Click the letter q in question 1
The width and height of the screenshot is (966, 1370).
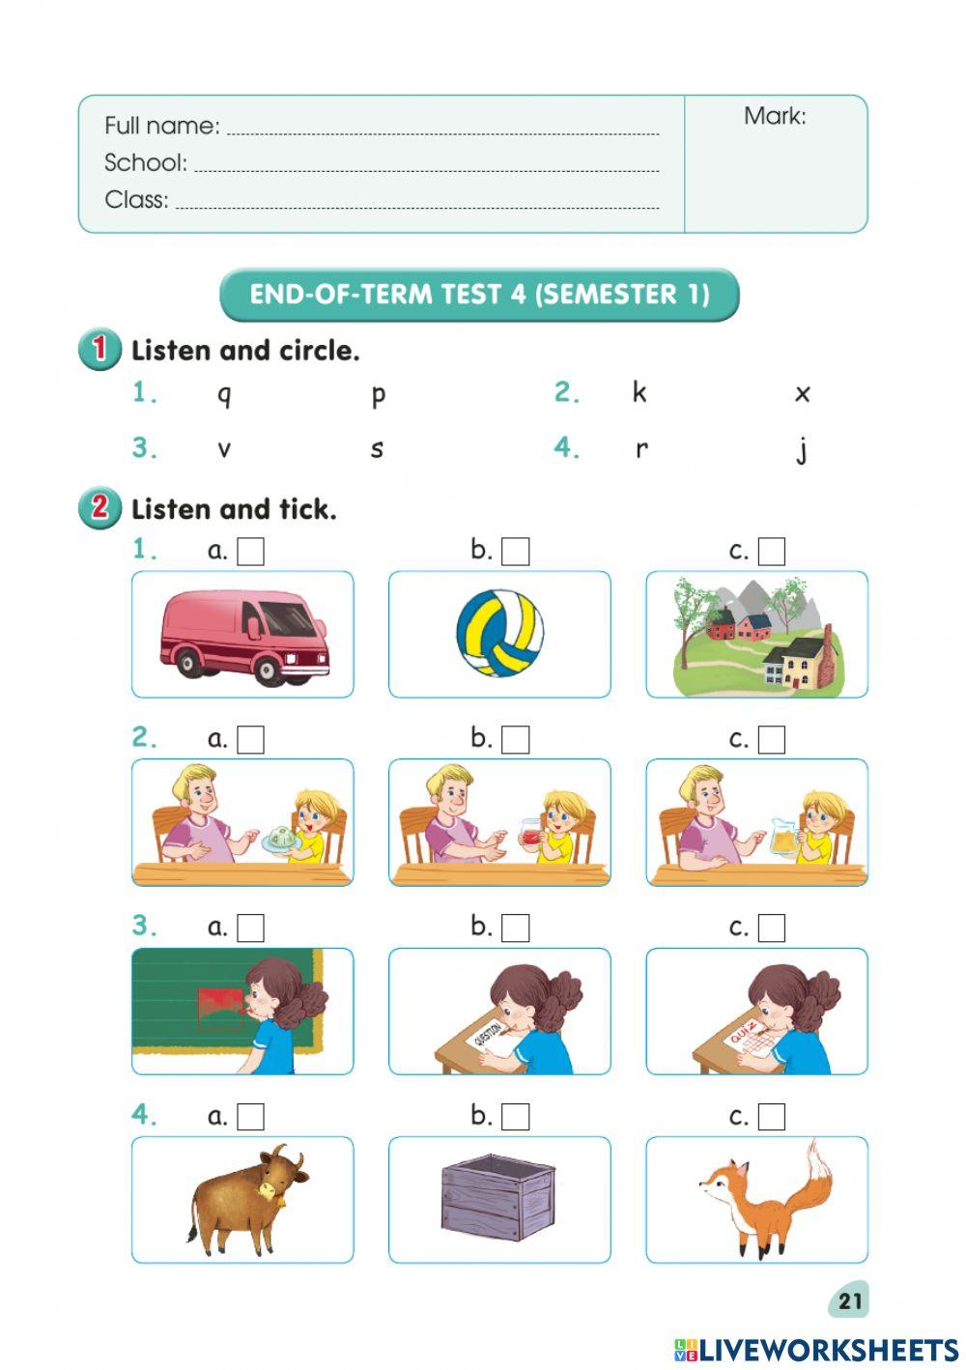224,394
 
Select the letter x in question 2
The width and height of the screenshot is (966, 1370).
802,393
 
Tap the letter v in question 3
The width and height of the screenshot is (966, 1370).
224,448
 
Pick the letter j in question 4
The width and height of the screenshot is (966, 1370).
802,449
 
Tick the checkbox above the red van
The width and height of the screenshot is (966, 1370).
251,552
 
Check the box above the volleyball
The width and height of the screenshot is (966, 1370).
516,552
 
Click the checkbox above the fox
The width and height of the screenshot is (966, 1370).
772,1117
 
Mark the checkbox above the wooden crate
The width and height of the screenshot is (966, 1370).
516,1117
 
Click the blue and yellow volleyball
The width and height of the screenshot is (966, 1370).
499,634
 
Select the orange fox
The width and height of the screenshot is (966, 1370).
763,1198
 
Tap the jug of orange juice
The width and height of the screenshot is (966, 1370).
784,837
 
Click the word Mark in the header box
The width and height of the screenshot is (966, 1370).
774,117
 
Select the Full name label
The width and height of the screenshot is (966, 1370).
161,126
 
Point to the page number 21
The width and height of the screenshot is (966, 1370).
850,1300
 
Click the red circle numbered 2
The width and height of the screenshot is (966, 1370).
99,507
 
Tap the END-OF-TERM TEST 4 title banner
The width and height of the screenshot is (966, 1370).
479,295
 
